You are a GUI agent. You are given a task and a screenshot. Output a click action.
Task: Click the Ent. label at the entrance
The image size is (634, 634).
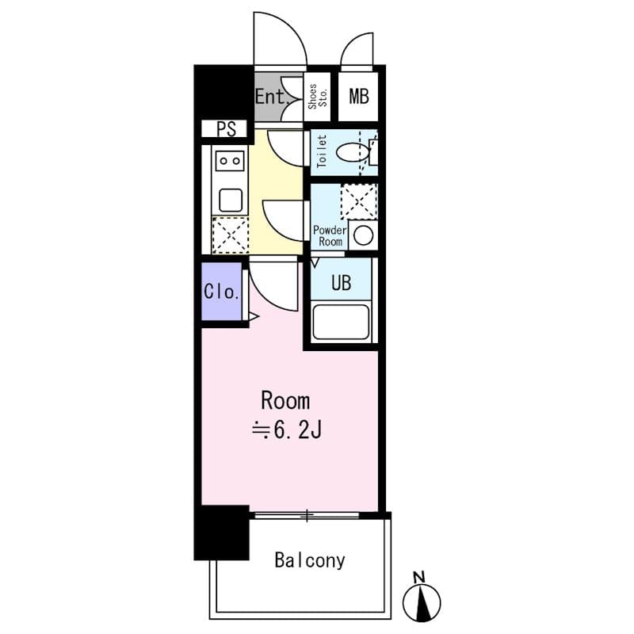coord(270,97)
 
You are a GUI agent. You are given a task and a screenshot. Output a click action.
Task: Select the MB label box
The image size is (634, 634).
coord(359,97)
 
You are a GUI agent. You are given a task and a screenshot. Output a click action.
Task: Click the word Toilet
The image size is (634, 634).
coord(322,151)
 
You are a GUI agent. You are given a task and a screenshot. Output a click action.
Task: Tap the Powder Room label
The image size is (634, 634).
coord(329,235)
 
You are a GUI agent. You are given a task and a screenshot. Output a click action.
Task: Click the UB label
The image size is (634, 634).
coord(341,283)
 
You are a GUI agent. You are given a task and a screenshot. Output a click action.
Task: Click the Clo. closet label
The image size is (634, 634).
coord(221,291)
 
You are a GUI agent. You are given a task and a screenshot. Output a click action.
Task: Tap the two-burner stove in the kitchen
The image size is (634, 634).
coord(230,161)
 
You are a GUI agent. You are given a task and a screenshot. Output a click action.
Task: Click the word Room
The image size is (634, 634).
coord(285,399)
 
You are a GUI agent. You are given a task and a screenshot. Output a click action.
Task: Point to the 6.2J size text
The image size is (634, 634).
coord(286,431)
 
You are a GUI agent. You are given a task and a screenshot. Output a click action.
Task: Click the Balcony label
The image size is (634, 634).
coord(310,560)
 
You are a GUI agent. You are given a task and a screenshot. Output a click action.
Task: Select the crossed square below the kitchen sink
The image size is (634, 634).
coord(230,235)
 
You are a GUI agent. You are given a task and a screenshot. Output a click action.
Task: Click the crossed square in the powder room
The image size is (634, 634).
coord(358,201)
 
